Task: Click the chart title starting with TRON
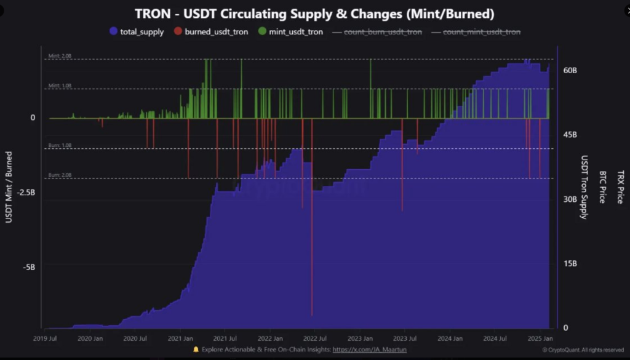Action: [314, 13]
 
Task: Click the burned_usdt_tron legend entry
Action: [216, 31]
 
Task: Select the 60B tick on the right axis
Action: [570, 71]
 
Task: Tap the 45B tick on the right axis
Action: [570, 135]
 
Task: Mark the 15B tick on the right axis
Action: [570, 264]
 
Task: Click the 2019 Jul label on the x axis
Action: [46, 338]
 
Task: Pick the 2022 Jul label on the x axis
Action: [314, 338]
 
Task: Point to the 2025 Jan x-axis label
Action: [539, 338]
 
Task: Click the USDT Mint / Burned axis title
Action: [9, 187]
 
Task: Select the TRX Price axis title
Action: [620, 187]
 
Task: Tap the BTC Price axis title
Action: [602, 187]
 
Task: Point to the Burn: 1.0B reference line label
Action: [60, 146]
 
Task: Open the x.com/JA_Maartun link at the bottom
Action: [369, 350]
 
